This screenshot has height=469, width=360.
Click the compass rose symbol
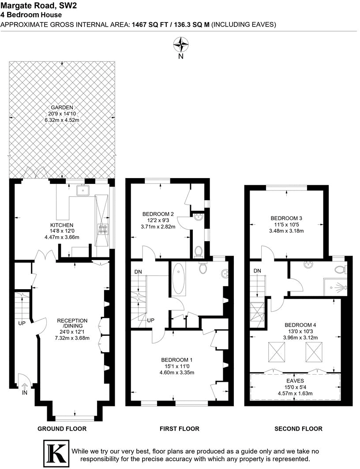coord(180,44)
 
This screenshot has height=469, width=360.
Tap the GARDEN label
coord(62,108)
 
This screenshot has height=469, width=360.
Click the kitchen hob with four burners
coord(103,229)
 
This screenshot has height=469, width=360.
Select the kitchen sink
coord(83,190)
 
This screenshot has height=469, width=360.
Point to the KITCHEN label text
coord(62,225)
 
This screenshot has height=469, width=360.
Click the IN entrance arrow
coord(24,387)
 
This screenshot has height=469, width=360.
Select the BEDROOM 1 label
coord(176,360)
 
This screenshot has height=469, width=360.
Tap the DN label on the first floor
coord(138,272)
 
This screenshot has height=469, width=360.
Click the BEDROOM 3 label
coord(286,218)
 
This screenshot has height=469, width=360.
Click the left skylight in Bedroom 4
coord(277,351)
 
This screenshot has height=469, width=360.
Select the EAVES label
coord(295,380)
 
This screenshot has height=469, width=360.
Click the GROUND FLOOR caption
coord(62,428)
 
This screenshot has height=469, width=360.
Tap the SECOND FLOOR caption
coord(298,428)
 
